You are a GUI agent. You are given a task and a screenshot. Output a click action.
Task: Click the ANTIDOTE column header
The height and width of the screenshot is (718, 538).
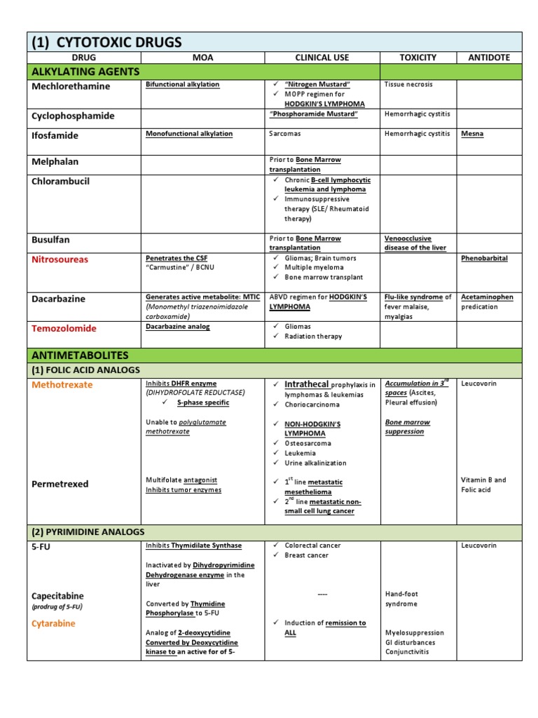[x=489, y=57]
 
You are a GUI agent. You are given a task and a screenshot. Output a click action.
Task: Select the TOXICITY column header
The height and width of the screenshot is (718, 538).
[x=418, y=57]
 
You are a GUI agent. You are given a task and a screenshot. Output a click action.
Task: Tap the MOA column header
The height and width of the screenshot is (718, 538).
[x=202, y=57]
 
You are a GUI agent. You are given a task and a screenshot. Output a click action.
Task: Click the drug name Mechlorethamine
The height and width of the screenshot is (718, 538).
[x=71, y=86]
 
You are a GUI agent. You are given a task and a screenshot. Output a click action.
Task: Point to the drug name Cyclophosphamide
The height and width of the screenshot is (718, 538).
[x=73, y=116]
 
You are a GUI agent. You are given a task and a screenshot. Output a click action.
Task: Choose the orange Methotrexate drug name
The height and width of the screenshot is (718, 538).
[x=62, y=385]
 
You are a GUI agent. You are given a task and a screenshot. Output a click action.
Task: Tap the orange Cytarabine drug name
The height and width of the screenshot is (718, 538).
[x=53, y=623]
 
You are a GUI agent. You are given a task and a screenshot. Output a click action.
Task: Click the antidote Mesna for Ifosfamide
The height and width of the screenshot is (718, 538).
[x=471, y=133]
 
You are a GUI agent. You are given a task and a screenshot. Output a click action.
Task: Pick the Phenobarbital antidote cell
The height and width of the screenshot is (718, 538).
[x=484, y=258]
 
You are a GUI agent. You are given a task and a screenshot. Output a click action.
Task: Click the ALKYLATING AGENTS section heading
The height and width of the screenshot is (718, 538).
[x=85, y=72]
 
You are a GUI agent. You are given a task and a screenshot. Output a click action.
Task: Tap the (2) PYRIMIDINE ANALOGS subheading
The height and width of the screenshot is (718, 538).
[x=88, y=532]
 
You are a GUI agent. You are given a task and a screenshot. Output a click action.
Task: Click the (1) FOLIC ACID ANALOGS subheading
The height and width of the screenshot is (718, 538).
[x=86, y=370]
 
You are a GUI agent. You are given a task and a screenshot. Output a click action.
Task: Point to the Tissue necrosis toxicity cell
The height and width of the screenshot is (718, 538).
[x=408, y=84]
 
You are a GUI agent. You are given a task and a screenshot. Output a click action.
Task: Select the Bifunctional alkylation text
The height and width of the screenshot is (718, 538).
[x=182, y=84]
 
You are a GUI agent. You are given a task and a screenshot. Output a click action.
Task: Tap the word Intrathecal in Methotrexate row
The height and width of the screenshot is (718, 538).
[x=307, y=384]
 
